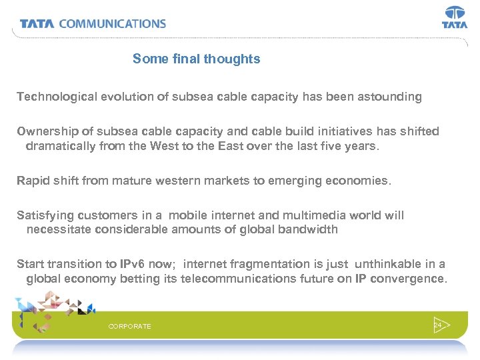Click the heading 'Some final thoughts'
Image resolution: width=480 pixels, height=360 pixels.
[x=196, y=59]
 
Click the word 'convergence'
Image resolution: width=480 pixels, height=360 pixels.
[x=410, y=279]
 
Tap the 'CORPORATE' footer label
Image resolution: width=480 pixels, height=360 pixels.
[x=129, y=326]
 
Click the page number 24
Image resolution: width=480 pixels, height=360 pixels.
[x=437, y=325]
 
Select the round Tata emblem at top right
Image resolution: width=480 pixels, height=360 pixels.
[x=455, y=13]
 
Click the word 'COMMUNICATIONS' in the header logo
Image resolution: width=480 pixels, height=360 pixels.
[x=113, y=23]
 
